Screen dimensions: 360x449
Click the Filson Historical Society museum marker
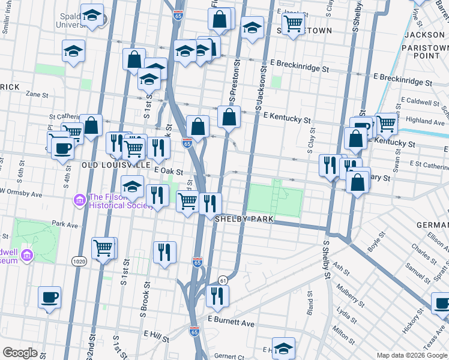[79, 199]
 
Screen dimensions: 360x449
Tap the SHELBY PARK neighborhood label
[244, 220]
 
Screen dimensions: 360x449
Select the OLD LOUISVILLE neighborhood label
[116, 164]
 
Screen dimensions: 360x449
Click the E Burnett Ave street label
[231, 323]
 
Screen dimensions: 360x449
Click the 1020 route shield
[78, 262]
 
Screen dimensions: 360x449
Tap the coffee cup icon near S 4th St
[62, 147]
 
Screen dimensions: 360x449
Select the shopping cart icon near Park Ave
[104, 246]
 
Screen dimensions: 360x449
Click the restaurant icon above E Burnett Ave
[217, 294]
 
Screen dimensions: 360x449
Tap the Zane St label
[37, 95]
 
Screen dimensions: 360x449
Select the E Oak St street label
[168, 171]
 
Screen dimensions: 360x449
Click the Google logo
[20, 353]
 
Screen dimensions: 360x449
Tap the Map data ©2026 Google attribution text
[412, 355]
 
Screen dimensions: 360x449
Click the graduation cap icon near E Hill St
[283, 347]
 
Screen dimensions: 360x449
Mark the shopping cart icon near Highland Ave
[386, 123]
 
